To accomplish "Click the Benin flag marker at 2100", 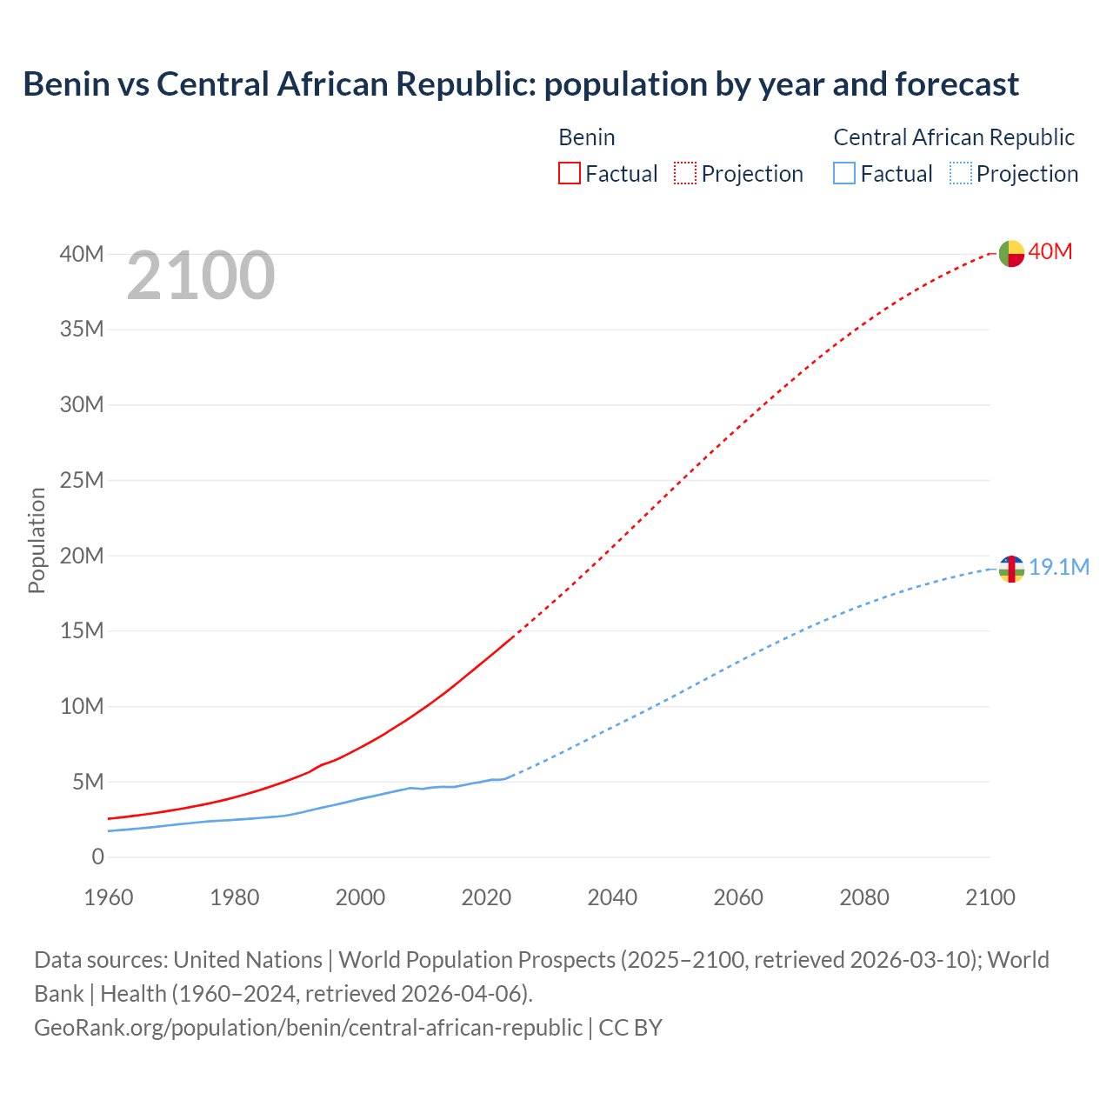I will tap(1011, 253).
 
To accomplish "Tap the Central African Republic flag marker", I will tap(1011, 569).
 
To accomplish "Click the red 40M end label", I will tap(1050, 251).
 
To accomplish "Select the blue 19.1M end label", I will tap(1059, 567).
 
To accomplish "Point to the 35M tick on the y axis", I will tap(82, 329).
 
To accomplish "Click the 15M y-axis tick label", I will tap(82, 630).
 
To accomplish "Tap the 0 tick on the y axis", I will tap(97, 856).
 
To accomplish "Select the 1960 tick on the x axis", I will tap(109, 896).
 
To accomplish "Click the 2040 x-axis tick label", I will tap(612, 896).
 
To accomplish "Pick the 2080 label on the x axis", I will tap(864, 896).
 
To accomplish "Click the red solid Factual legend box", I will tap(569, 173).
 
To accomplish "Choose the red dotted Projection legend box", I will tap(685, 173).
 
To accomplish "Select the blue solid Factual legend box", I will tap(844, 173).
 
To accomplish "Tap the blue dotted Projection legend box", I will tap(961, 173).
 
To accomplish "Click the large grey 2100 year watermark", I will tap(201, 276).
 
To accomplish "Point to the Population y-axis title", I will tap(37, 540).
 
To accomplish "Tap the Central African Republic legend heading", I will tap(954, 137).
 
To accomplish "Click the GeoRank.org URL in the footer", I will tap(308, 1027).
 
